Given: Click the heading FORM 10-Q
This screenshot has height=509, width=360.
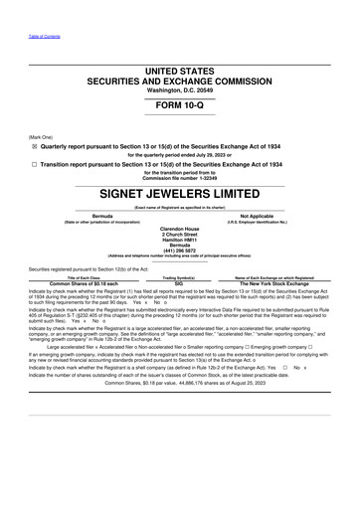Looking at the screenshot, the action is pos(180,104).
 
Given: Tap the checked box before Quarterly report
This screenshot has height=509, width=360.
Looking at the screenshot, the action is pos(33,142).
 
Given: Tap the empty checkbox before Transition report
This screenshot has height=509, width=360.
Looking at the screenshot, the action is pos(33,160).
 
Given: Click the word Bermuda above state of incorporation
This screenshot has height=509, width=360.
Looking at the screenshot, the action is pos(101,214).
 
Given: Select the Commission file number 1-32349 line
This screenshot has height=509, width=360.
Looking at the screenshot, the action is pos(180,176).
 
